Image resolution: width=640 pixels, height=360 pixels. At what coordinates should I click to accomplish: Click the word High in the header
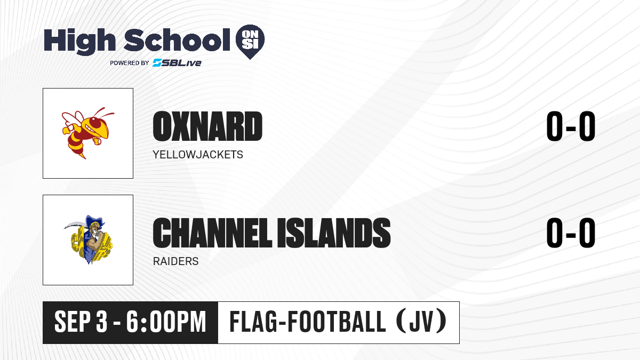click(79, 42)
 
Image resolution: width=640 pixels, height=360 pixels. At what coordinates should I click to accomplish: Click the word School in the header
click(177, 40)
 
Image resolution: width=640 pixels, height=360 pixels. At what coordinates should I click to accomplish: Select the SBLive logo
click(177, 63)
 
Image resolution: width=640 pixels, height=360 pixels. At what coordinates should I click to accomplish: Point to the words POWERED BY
click(130, 63)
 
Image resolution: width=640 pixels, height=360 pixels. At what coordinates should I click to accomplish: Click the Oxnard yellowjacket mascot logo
click(87, 133)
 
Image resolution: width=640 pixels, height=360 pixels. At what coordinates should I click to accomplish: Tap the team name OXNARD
click(207, 126)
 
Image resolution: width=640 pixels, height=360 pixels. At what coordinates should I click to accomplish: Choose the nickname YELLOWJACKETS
click(198, 155)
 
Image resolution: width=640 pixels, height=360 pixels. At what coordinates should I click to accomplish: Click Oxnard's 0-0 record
click(571, 126)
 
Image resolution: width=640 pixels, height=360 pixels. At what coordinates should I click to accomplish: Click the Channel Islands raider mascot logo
click(88, 239)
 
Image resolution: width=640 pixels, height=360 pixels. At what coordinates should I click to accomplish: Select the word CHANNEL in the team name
click(212, 233)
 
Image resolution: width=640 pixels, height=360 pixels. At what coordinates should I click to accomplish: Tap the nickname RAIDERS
click(175, 261)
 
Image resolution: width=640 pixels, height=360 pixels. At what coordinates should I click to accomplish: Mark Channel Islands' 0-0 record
click(571, 233)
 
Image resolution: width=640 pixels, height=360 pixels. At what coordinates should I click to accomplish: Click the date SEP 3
click(81, 322)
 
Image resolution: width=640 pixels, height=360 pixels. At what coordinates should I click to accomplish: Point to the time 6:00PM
click(166, 322)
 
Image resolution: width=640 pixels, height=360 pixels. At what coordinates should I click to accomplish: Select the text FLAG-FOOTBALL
click(308, 322)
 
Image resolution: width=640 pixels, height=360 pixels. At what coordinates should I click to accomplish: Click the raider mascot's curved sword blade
click(74, 225)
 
